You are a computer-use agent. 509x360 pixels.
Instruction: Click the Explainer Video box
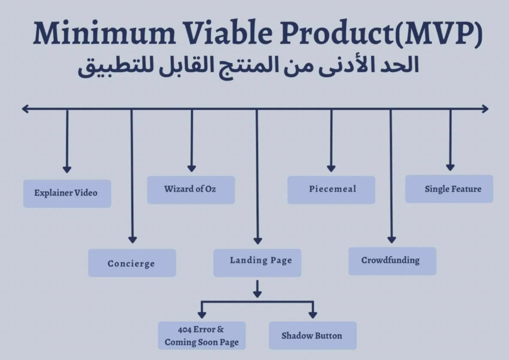tap(67, 193)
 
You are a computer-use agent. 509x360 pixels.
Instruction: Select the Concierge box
tap(132, 263)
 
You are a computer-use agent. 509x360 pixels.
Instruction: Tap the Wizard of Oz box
tap(190, 189)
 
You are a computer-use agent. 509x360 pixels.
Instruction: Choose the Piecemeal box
tap(331, 189)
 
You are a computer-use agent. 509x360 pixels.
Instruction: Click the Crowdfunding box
tap(392, 261)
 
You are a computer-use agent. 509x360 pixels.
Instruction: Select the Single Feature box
tap(449, 189)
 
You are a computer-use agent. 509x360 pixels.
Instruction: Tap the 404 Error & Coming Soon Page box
tap(202, 336)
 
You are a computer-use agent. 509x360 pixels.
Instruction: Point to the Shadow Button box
tap(312, 336)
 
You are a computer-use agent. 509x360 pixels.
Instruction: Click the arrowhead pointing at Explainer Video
tap(67, 169)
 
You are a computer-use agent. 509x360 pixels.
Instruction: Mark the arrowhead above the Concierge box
tap(132, 240)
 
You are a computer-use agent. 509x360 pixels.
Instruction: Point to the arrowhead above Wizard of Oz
tap(191, 168)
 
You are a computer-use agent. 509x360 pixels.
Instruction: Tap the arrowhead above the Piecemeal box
tap(331, 168)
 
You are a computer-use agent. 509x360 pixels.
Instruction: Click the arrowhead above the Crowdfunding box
tap(391, 239)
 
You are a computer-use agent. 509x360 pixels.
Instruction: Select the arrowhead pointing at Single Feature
tap(450, 167)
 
